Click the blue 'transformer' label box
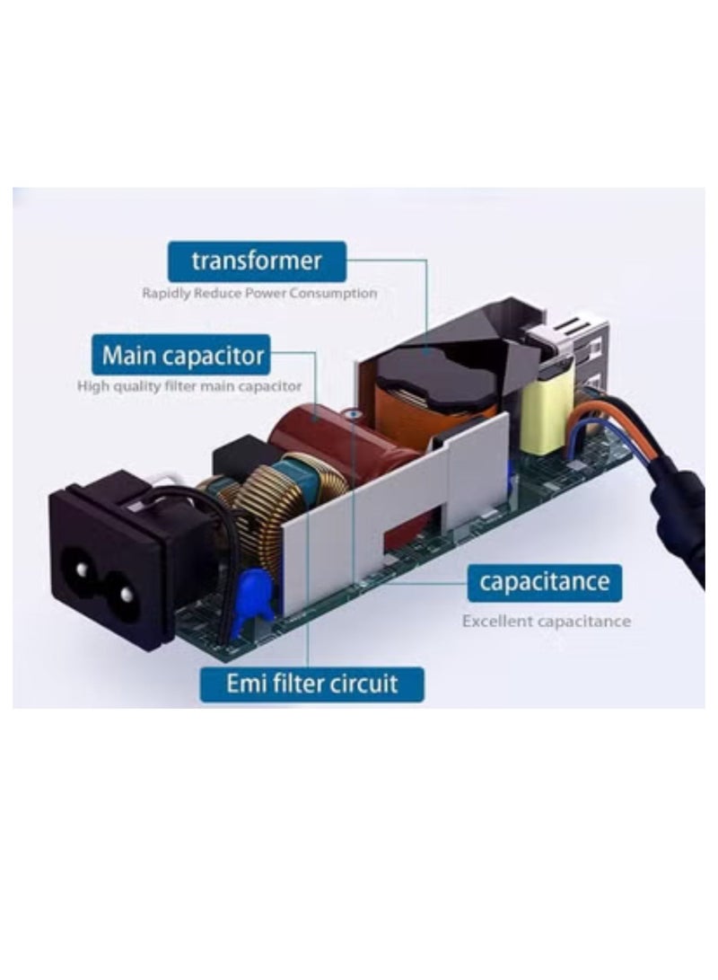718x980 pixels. pyautogui.click(x=257, y=261)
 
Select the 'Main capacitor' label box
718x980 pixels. pyautogui.click(x=181, y=355)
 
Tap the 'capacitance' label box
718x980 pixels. pyautogui.click(x=545, y=582)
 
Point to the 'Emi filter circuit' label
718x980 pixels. pyautogui.click(x=311, y=684)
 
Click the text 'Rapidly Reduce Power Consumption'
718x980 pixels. pyautogui.click(x=259, y=293)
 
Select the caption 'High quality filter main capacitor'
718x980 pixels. pyautogui.click(x=189, y=386)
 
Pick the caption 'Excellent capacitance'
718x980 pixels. pyautogui.click(x=547, y=622)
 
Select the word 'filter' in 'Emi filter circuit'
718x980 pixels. pyautogui.click(x=301, y=684)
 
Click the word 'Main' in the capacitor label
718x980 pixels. pyautogui.click(x=128, y=355)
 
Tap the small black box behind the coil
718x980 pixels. pyautogui.click(x=241, y=459)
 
